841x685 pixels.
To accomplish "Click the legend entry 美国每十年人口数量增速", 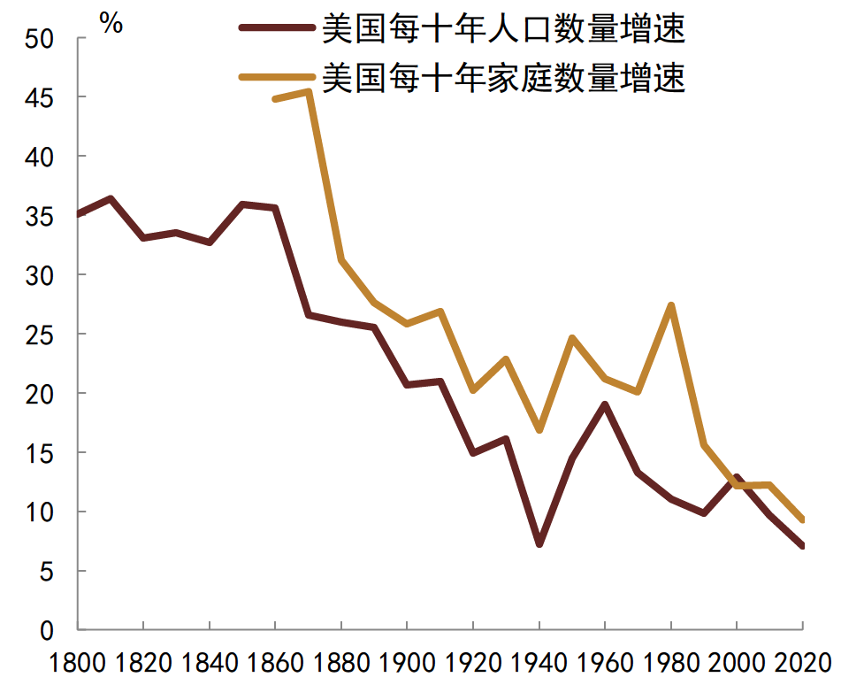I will (503, 30).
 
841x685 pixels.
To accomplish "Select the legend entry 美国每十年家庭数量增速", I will (503, 78).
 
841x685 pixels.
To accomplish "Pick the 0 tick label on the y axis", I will (50, 631).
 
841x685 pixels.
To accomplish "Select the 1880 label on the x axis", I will (340, 662).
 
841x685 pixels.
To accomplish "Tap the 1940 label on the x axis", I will (539, 662).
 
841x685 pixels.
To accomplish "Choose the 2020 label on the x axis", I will (800, 662).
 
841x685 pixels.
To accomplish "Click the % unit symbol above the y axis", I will (111, 24).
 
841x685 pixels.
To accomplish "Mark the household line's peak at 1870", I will (308, 91).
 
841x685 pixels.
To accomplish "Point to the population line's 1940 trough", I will (539, 543).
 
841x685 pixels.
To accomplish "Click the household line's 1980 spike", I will (671, 306).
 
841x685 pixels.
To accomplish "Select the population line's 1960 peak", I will (605, 404).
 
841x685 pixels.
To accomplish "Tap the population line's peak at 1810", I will (110, 198).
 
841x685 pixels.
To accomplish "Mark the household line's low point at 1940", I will (539, 430).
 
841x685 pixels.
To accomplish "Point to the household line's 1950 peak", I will (572, 338).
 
